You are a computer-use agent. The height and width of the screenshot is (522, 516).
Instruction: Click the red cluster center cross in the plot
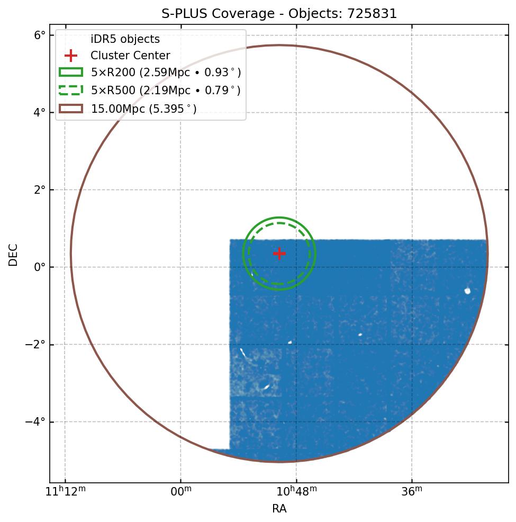pyautogui.click(x=279, y=254)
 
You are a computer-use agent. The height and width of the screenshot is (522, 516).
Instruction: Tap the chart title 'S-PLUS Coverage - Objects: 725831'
pyautogui.click(x=279, y=14)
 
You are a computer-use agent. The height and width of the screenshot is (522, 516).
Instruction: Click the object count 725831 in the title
pyautogui.click(x=372, y=14)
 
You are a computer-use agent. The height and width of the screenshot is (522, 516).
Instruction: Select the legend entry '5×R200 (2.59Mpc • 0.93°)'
pyautogui.click(x=166, y=72)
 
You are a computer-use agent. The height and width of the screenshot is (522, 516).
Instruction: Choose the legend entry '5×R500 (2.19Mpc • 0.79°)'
pyautogui.click(x=166, y=91)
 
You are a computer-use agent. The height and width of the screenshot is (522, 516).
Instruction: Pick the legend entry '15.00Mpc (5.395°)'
pyautogui.click(x=143, y=109)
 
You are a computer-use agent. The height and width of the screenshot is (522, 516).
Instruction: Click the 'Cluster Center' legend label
pyautogui.click(x=130, y=56)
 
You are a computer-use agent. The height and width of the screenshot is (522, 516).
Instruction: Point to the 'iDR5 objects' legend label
pyautogui.click(x=125, y=39)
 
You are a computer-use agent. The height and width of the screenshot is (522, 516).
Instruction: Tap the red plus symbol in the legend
pyautogui.click(x=70, y=56)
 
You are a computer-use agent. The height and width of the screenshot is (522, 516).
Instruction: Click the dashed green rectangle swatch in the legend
pyautogui.click(x=70, y=91)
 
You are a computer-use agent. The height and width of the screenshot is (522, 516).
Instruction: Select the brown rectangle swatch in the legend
pyautogui.click(x=70, y=109)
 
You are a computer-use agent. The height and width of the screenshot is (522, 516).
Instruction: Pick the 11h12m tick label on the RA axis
pyautogui.click(x=65, y=492)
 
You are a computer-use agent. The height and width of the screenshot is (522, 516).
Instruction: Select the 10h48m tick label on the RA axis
pyautogui.click(x=296, y=492)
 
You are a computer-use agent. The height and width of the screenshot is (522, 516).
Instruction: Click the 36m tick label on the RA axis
pyautogui.click(x=412, y=492)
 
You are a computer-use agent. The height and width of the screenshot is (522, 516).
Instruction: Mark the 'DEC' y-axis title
pyautogui.click(x=13, y=255)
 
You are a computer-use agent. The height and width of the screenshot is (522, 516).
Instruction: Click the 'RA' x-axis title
pyautogui.click(x=279, y=509)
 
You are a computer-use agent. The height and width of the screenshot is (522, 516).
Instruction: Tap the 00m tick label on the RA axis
pyautogui.click(x=180, y=492)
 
